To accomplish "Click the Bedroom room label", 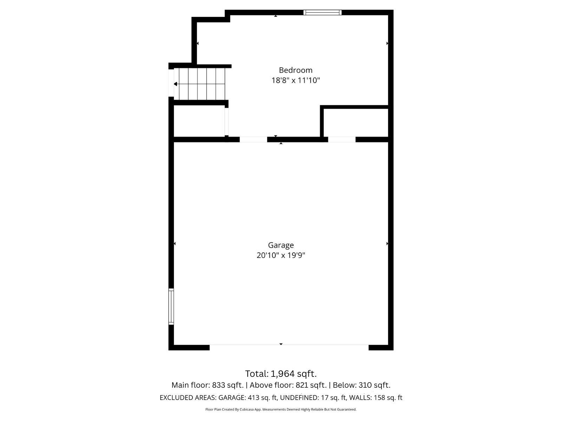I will point(295,70).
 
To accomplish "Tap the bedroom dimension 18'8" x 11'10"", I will point(295,80).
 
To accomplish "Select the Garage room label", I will point(281,245).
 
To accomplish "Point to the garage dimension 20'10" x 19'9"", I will point(281,255).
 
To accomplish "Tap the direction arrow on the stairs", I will point(176,84).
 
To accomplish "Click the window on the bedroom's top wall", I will point(322,13).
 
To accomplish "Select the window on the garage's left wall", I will point(171,306).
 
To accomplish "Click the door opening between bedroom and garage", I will point(253,140).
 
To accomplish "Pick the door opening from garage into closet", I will point(342,140).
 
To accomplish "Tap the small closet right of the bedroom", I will point(355,122).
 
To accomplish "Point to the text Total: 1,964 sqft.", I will point(281,374).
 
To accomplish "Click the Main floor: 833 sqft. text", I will point(207,385).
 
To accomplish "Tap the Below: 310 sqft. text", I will point(361,385).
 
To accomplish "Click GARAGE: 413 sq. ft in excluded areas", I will point(248,398).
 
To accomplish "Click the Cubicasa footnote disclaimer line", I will point(281,409).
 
